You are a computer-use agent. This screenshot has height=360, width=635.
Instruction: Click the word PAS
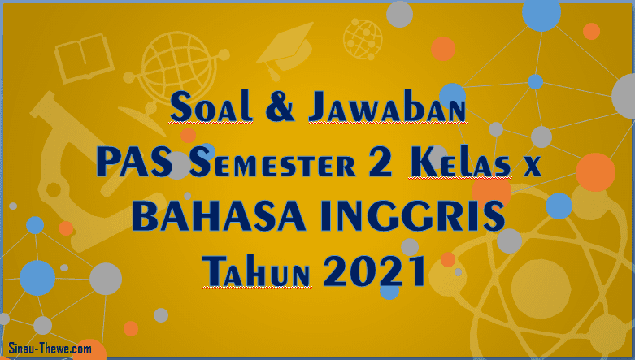coord(128,164)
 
